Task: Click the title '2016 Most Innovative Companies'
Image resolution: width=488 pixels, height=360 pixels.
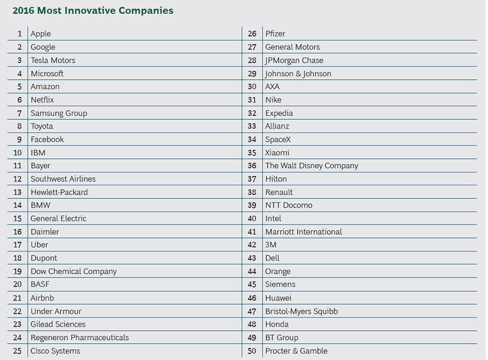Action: point(93,11)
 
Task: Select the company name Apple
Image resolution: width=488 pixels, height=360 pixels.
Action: point(41,34)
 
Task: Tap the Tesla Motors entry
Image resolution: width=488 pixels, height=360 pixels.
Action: point(53,60)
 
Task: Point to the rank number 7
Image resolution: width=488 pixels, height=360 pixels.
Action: point(20,113)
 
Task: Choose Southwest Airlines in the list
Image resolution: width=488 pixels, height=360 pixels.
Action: point(63,179)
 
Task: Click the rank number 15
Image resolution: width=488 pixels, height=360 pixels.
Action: point(17,218)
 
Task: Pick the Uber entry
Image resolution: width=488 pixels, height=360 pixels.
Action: point(40,245)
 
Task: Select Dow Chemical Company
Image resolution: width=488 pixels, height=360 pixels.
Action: point(73,271)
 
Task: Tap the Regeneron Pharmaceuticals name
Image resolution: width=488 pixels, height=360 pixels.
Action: point(80,337)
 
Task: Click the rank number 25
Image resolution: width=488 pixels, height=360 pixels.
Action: point(17,351)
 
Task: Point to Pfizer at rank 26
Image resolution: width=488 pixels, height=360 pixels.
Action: point(275,34)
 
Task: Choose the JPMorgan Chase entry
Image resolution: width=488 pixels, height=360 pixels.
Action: point(294,60)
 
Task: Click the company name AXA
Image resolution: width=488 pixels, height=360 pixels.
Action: point(272,87)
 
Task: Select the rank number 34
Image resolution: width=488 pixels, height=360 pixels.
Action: point(252,139)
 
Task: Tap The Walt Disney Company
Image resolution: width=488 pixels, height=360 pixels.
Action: point(311,166)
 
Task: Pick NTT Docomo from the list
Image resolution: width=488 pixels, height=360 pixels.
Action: point(288,205)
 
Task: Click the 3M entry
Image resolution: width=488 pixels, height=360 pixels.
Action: point(271,245)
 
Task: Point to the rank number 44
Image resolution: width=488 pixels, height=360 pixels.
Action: point(252,271)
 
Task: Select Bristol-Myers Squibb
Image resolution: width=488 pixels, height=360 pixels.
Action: point(301,311)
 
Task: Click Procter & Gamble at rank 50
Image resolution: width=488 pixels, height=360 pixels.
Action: point(296,351)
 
